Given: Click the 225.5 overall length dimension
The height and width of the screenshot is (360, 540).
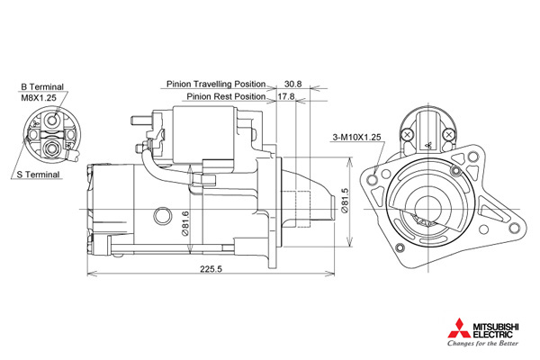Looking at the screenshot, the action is (211, 269).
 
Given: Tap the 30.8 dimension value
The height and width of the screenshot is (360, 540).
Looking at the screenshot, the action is (293, 84).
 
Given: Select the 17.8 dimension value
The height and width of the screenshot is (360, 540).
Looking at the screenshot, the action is (286, 96).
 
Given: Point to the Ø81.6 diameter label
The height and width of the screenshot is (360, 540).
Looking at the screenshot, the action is (184, 223).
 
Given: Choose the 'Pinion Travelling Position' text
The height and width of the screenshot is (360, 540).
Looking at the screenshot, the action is (216, 84).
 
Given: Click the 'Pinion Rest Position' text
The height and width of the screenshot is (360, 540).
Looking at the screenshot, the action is (226, 96).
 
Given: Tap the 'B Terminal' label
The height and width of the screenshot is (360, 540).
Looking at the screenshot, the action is (42, 86).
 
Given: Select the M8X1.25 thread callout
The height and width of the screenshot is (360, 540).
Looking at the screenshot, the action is (39, 98).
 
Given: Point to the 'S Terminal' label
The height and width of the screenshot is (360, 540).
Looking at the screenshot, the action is (38, 175).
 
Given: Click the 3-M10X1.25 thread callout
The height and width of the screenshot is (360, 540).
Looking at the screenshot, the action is (356, 137).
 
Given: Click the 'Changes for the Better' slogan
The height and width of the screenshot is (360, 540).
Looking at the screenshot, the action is (482, 343).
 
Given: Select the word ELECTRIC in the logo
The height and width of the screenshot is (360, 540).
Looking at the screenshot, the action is (493, 334).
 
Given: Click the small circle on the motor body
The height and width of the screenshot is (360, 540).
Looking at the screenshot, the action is (162, 216).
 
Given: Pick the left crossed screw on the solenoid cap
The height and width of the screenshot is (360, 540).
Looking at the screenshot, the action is (408, 135).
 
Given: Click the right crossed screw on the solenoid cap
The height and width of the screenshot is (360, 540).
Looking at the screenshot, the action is (448, 135).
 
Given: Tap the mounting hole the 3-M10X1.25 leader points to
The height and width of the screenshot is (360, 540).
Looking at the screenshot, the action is (372, 179).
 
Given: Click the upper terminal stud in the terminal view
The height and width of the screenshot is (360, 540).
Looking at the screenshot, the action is (52, 120).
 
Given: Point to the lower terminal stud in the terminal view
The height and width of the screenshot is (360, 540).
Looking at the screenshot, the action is (52, 148).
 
